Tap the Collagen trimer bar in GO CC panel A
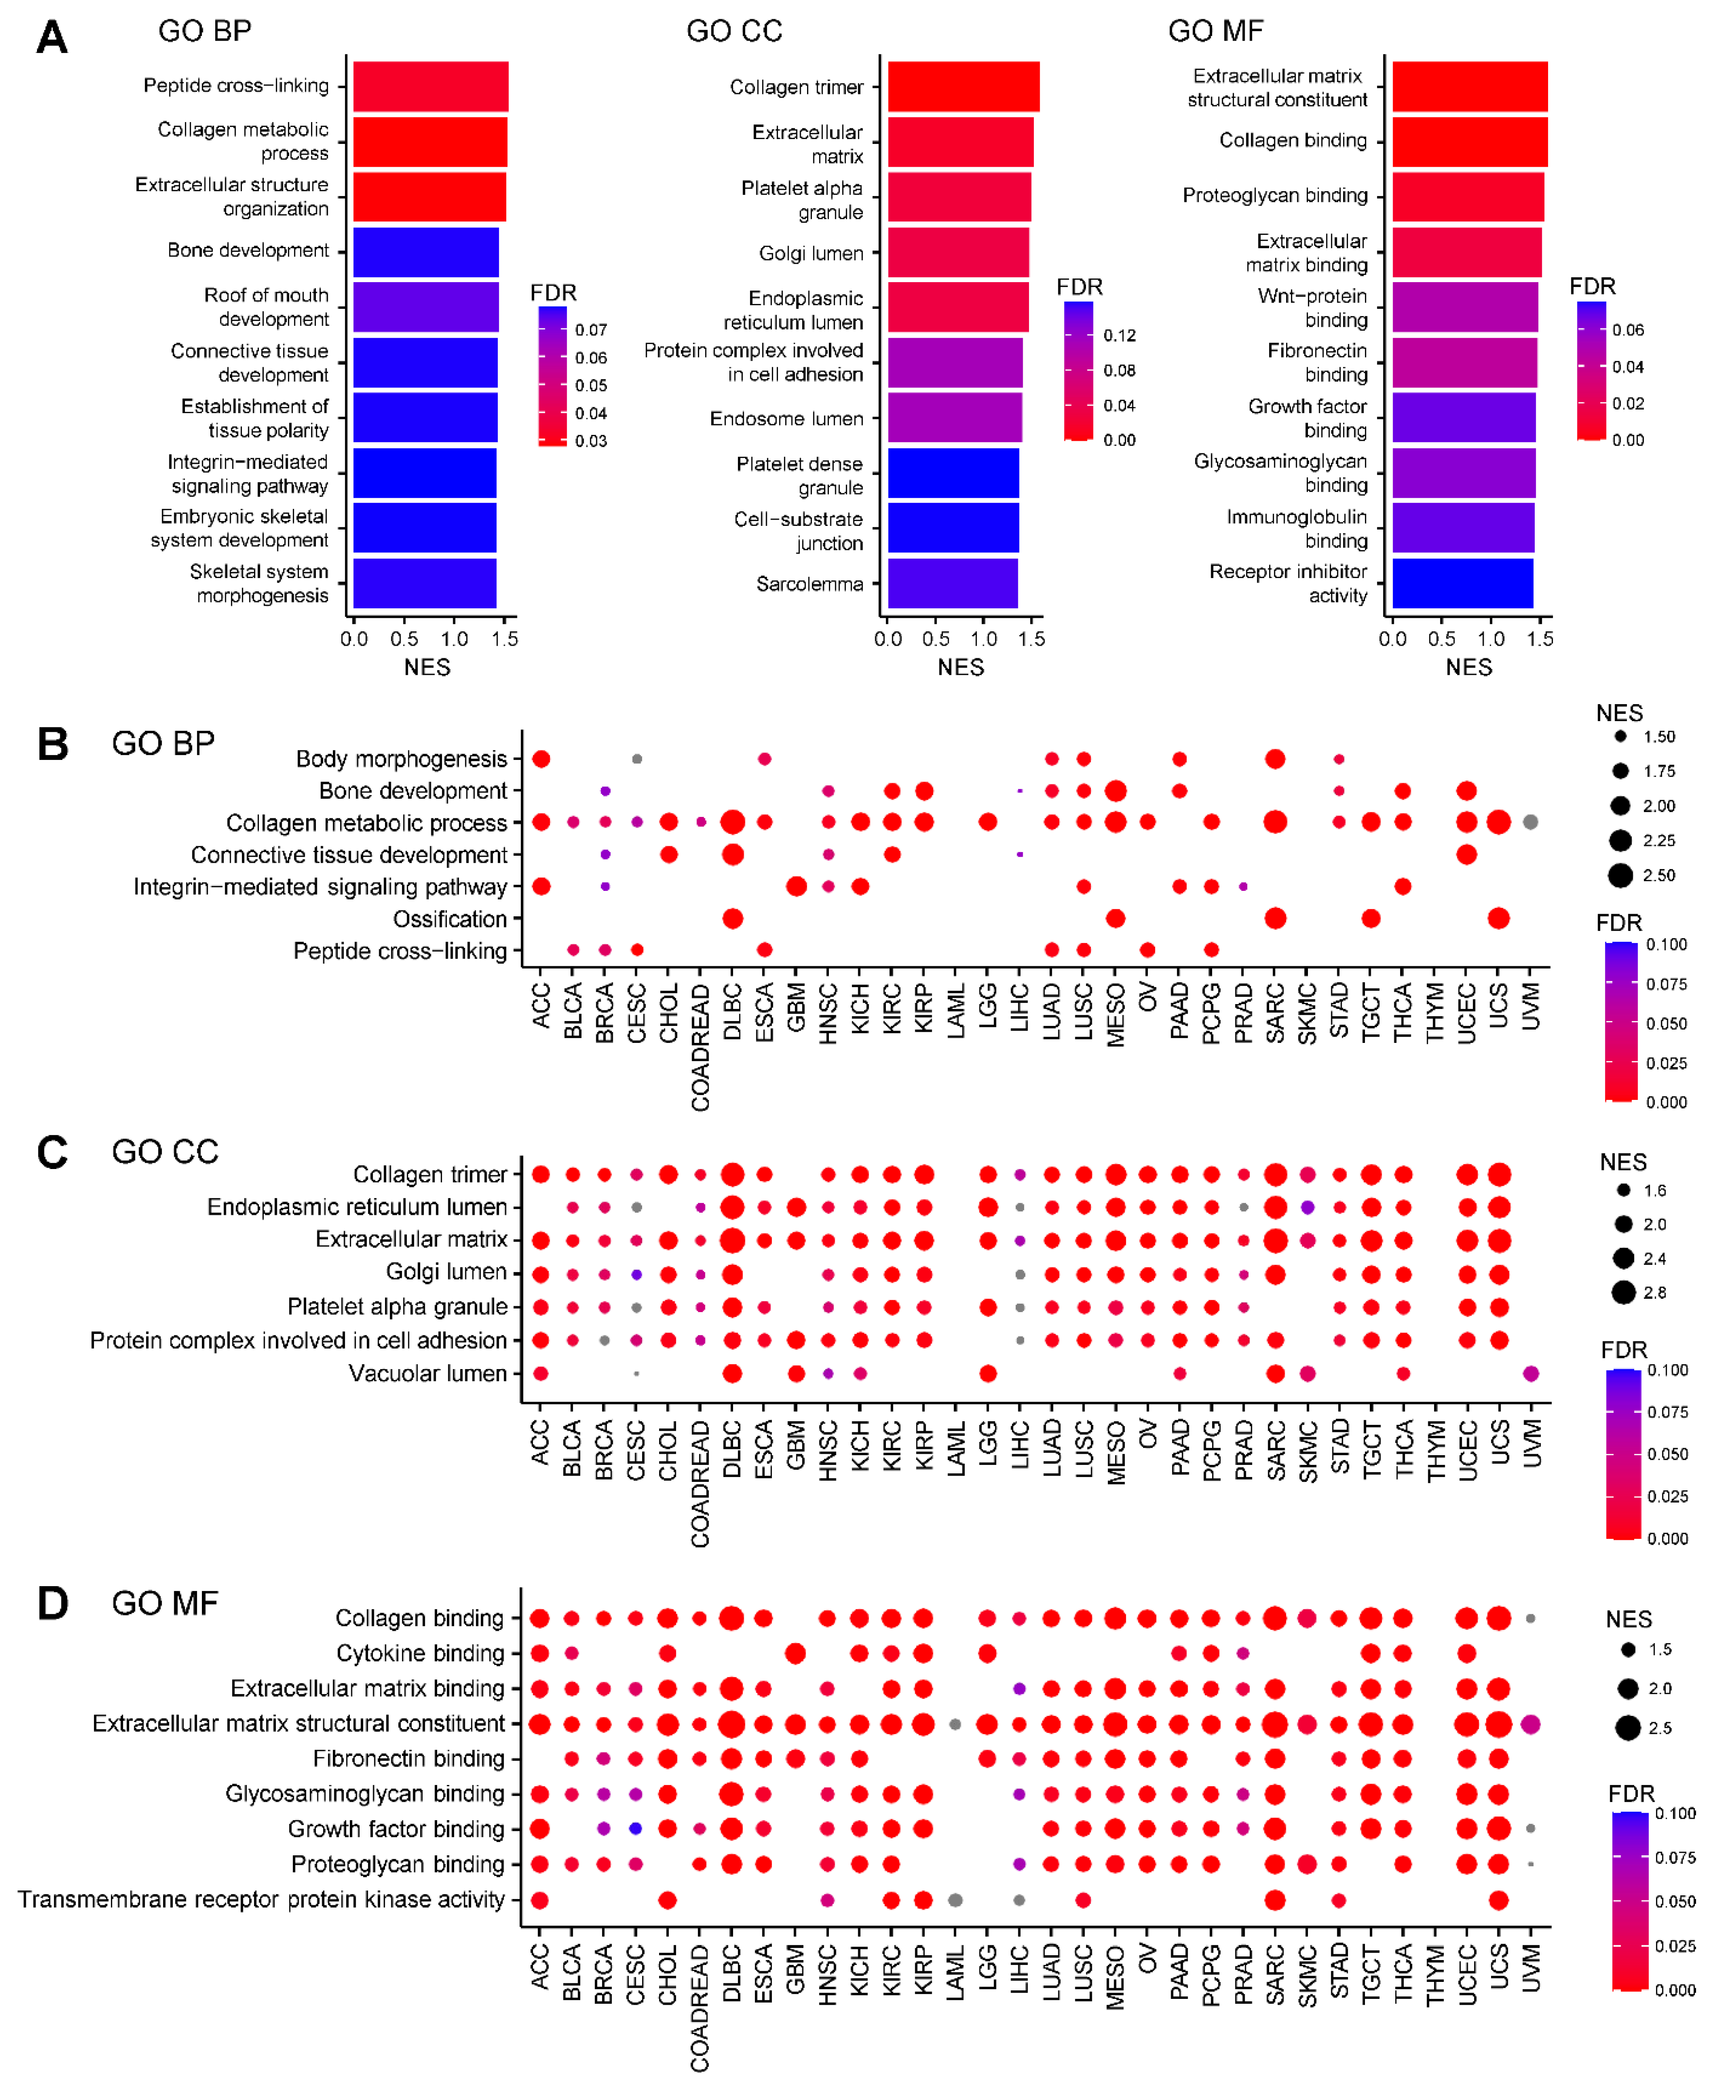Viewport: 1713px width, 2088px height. coord(963,87)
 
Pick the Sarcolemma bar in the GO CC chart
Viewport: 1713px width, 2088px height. coord(952,583)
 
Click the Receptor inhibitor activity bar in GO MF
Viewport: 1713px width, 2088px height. coord(1463,583)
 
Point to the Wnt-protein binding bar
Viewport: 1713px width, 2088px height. coord(1464,307)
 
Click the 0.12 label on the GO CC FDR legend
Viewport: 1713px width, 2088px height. coord(1119,336)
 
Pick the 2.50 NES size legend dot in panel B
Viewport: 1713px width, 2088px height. coord(1620,875)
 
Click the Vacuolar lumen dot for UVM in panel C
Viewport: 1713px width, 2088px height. coord(1530,1374)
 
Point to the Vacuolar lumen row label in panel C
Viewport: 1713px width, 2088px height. coord(427,1374)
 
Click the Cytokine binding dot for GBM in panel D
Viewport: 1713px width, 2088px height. coord(795,1653)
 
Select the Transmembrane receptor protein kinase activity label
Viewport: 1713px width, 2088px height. coord(262,1899)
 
